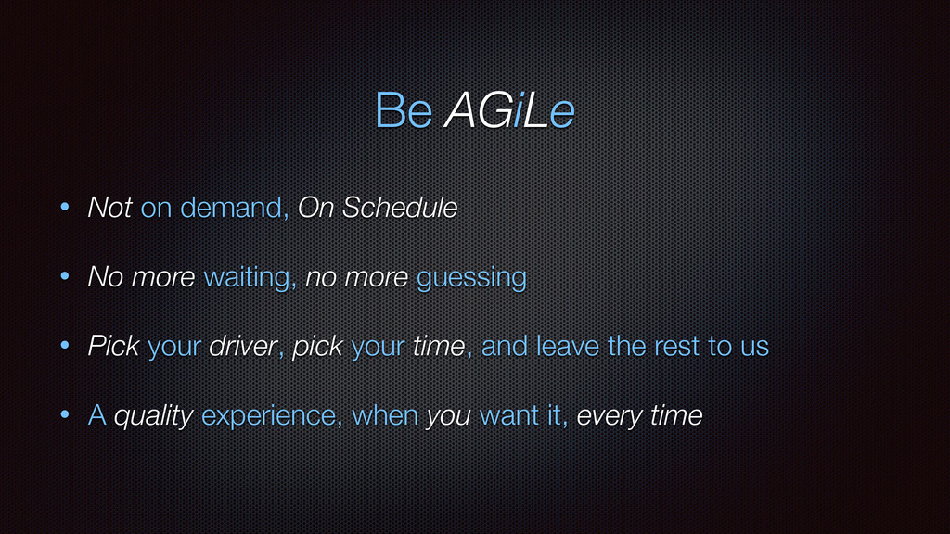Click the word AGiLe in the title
click(x=509, y=110)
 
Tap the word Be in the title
click(x=404, y=110)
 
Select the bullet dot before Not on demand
click(x=65, y=207)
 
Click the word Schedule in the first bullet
click(x=400, y=207)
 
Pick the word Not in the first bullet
click(x=109, y=207)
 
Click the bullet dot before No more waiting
click(x=65, y=276)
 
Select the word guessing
click(x=471, y=277)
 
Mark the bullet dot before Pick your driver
click(x=65, y=345)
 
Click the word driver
click(x=244, y=346)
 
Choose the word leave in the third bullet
click(x=568, y=346)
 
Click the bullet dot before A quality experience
click(x=65, y=414)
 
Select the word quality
click(x=154, y=416)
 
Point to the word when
click(x=385, y=415)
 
